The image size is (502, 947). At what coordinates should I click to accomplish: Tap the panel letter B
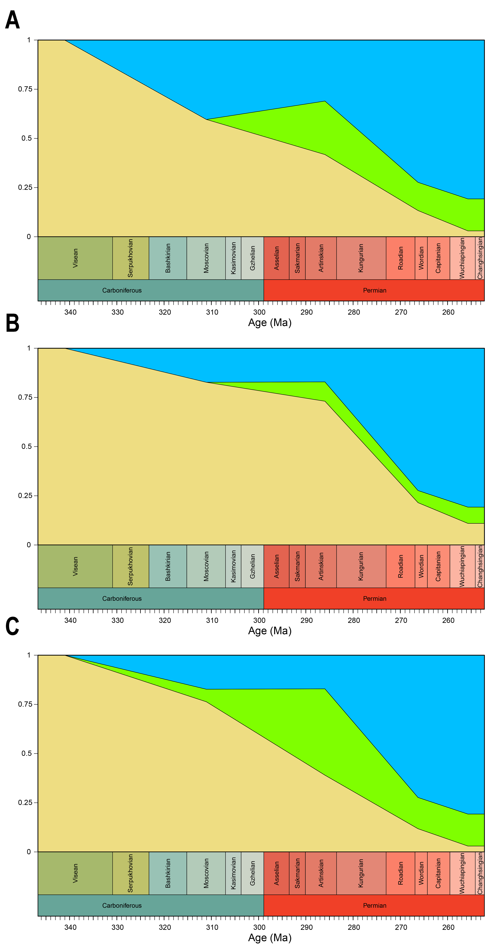[13, 324]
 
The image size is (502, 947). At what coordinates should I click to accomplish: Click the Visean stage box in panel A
[75, 258]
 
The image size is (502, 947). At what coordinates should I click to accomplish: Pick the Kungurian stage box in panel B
[361, 566]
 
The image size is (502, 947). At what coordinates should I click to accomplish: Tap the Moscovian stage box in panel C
[206, 873]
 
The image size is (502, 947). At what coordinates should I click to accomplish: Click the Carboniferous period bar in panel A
[151, 290]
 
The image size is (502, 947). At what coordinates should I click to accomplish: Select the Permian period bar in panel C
[374, 905]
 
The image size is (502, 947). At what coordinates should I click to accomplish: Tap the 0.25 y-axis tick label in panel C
[25, 803]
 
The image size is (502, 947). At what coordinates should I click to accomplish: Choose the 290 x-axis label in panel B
[306, 621]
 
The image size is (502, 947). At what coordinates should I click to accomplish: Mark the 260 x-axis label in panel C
[448, 928]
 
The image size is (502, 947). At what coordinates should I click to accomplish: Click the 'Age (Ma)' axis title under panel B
[270, 631]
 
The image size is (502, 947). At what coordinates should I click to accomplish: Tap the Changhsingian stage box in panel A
[480, 258]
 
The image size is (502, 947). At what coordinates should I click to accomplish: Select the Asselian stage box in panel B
[276, 566]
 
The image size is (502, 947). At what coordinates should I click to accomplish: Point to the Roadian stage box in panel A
[400, 258]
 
